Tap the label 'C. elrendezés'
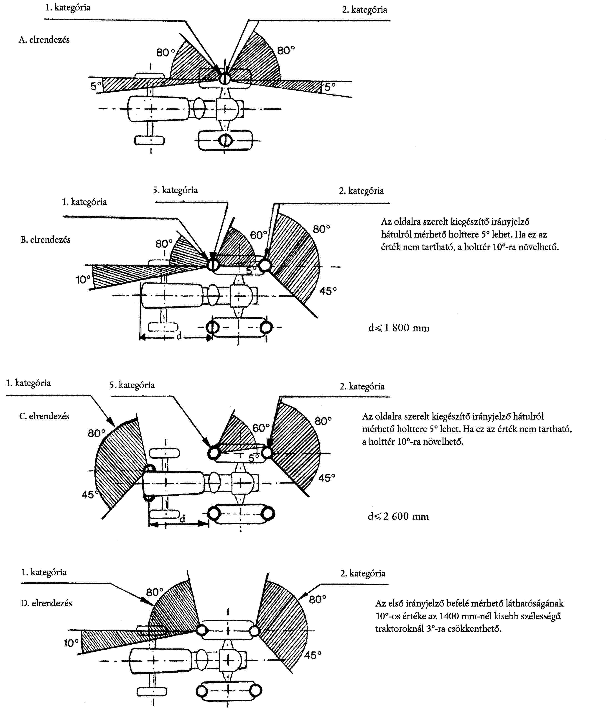click(x=44, y=416)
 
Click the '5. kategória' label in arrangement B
click(x=175, y=190)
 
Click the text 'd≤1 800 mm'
click(x=399, y=328)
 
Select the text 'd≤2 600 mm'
click(x=398, y=517)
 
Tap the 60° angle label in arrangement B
click(x=258, y=235)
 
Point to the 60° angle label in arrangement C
click(x=261, y=428)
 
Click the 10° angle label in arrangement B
click(x=83, y=280)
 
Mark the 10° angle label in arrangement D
click(x=71, y=643)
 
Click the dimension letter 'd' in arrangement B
click(x=179, y=336)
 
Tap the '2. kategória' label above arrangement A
click(x=364, y=10)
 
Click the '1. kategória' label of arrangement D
click(x=44, y=572)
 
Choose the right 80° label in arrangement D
click(x=317, y=600)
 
